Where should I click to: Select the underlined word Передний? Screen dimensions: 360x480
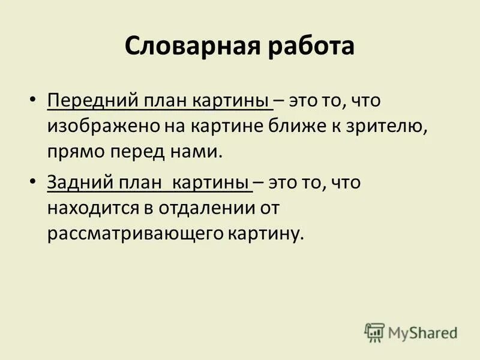88,100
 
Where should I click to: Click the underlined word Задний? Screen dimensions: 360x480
78,182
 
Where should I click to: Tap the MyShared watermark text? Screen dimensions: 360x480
422,332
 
